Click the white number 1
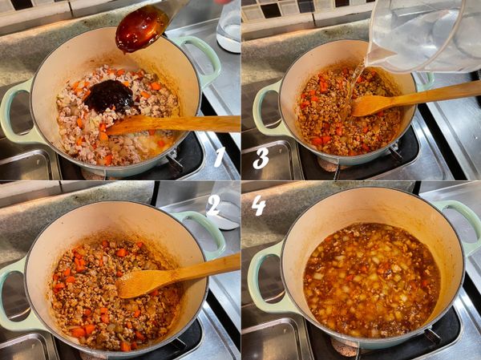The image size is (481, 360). tap(220, 157)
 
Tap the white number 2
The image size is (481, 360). tap(213, 204)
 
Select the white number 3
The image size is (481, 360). tap(261, 158)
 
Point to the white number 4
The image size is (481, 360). tap(259, 204)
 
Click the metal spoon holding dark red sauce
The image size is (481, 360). tap(144, 26)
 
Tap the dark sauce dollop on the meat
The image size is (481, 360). tap(109, 96)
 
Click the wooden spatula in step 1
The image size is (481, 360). tap(173, 124)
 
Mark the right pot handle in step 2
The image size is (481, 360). tap(205, 233)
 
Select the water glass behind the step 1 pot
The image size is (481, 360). tap(228, 26)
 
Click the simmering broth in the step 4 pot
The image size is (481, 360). tap(372, 280)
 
